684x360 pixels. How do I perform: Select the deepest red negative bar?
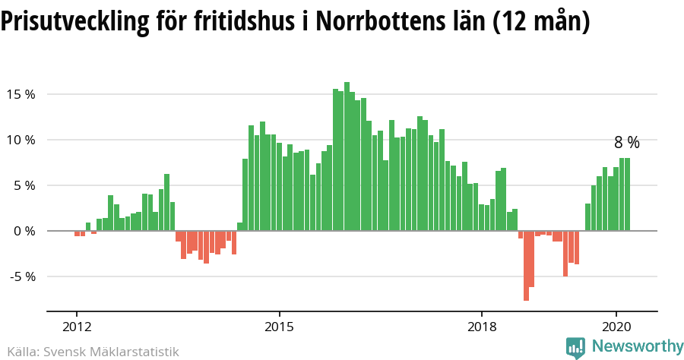[526, 265]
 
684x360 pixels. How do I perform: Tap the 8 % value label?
[627, 142]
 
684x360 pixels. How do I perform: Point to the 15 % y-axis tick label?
[21, 94]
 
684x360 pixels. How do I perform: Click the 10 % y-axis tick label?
[21, 140]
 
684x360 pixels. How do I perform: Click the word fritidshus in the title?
[240, 21]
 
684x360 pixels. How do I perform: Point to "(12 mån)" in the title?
[541, 21]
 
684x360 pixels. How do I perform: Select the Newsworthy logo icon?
[576, 348]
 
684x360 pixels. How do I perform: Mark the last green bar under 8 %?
[628, 194]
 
